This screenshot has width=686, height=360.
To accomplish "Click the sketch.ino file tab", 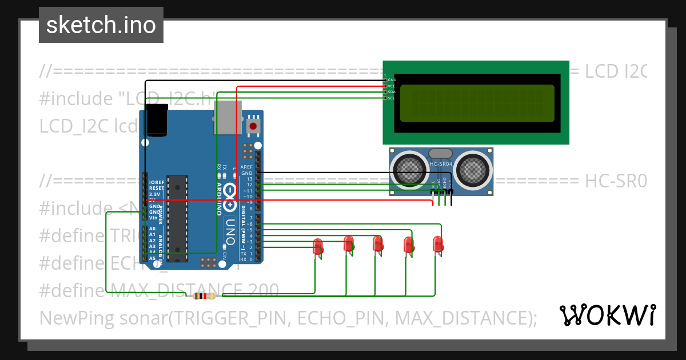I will click(101, 25).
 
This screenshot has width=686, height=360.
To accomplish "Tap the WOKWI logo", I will click(607, 315).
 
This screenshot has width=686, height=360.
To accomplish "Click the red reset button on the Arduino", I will click(253, 125).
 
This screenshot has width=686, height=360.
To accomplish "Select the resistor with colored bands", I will click(204, 296).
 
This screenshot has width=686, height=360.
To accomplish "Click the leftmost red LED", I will click(318, 247).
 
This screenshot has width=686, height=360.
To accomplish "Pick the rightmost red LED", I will click(438, 245).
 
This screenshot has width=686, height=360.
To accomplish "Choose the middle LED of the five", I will click(377, 244).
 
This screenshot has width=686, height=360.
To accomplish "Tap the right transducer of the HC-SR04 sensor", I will click(473, 169).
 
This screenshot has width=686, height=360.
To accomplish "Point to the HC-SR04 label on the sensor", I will click(441, 165).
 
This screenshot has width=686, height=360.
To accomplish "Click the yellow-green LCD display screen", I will click(477, 103).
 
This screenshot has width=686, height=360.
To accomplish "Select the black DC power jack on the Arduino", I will click(156, 121).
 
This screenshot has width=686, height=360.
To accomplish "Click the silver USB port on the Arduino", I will click(228, 117).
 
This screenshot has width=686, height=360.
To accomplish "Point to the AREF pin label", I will click(246, 167).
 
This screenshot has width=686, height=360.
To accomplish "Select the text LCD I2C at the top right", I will click(615, 71).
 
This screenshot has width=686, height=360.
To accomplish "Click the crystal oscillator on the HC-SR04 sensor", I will click(440, 153).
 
